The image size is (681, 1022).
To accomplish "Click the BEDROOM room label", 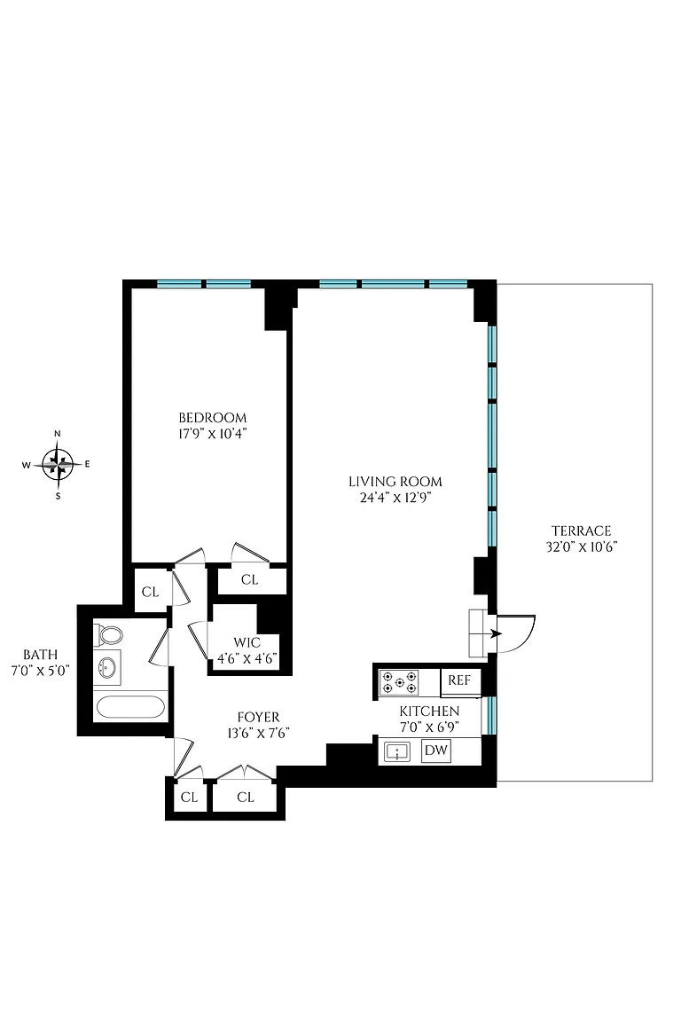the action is tap(213, 418).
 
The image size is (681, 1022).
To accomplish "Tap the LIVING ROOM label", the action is tap(395, 482).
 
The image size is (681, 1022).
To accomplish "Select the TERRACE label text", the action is tap(582, 531).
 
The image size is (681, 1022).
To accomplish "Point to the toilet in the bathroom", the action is tap(109, 634).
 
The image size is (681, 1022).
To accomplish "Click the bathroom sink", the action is tap(107, 666).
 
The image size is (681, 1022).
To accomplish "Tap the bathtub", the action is tap(129, 707).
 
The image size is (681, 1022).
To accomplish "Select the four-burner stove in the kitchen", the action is tap(400, 681).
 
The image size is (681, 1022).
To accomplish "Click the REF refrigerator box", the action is tap(459, 680).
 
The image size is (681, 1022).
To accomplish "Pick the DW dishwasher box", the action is tap(436, 751).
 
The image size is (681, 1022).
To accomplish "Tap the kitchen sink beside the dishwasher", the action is tap(397, 751).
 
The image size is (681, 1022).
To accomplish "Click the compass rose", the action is tap(58, 465).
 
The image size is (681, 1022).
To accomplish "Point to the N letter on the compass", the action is tap(58, 434).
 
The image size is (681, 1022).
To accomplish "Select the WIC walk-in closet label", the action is tap(247, 642).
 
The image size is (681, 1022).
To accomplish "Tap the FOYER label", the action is tap(258, 718).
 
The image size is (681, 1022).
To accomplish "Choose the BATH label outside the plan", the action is tap(41, 655).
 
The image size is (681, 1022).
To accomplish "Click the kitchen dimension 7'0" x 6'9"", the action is tap(429, 727).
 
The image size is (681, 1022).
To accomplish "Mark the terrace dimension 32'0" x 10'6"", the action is tap(582, 546).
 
